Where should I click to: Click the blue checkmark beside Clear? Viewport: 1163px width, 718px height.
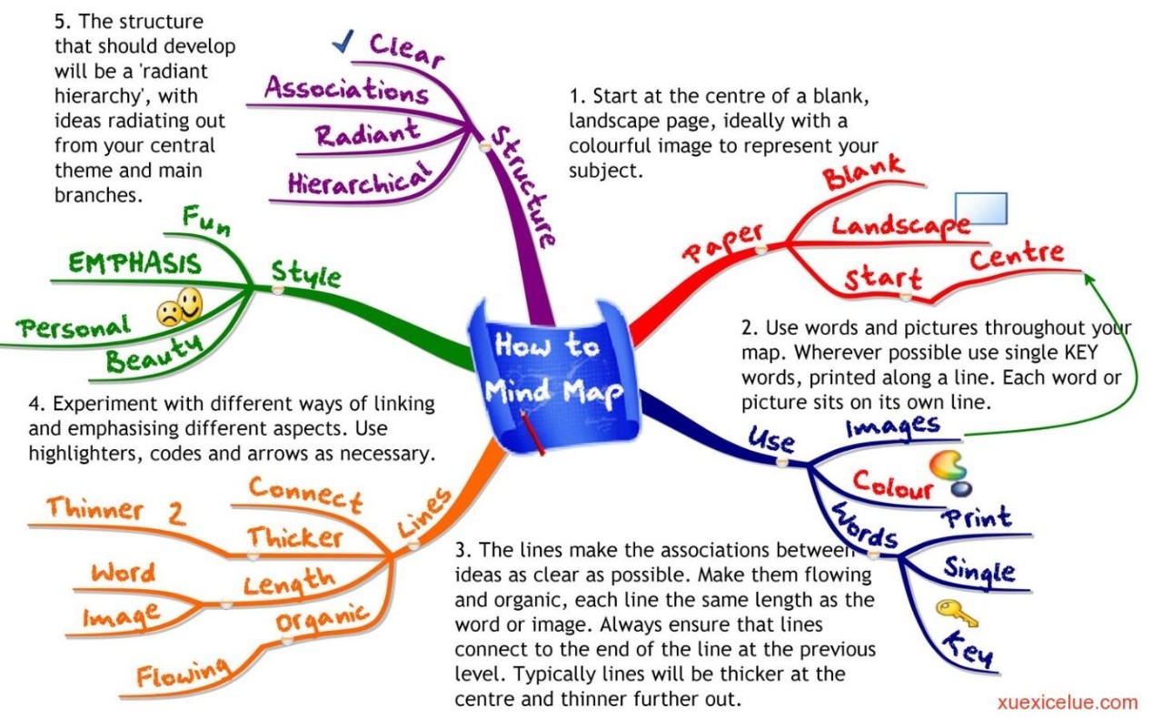point(343,42)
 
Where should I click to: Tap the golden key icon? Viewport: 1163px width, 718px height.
point(957,613)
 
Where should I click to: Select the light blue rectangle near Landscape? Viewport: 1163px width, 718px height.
point(980,208)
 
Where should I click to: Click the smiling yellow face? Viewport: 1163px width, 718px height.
point(190,303)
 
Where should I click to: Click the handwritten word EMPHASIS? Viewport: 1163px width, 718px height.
point(135,263)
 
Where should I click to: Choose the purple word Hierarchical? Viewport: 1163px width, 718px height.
point(360,180)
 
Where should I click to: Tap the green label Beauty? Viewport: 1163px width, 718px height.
point(154,354)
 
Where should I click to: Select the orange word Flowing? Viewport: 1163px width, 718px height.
point(183,674)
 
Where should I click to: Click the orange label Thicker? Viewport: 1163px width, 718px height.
point(295,537)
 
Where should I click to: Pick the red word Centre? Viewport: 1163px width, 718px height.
point(1017,256)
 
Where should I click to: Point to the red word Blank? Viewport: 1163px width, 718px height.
point(863,172)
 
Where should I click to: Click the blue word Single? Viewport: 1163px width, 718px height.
point(979,571)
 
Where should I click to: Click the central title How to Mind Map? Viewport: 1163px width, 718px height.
point(553,369)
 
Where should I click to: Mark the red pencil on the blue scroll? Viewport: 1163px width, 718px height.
point(532,433)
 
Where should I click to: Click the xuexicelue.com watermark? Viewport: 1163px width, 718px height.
point(1068,703)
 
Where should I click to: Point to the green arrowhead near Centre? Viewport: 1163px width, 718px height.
point(1089,280)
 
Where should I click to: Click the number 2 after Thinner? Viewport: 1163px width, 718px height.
point(176,514)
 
